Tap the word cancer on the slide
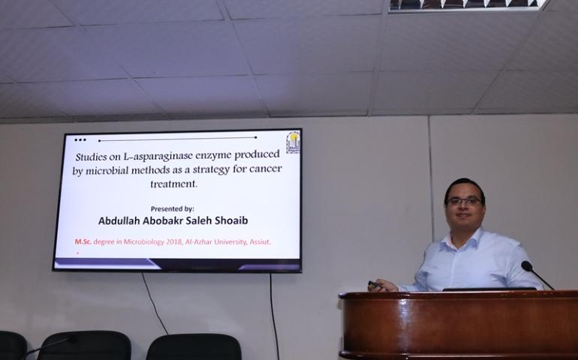(x=266, y=169)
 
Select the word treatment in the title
(x=173, y=184)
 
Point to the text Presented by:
(x=172, y=208)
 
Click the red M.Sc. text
(x=83, y=241)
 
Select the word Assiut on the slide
(x=260, y=242)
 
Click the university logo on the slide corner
(x=293, y=142)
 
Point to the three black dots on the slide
(x=80, y=140)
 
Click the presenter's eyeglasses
(x=463, y=201)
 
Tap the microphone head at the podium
(x=526, y=265)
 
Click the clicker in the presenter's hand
(x=375, y=285)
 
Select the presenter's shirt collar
(x=465, y=240)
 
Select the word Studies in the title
(x=90, y=157)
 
